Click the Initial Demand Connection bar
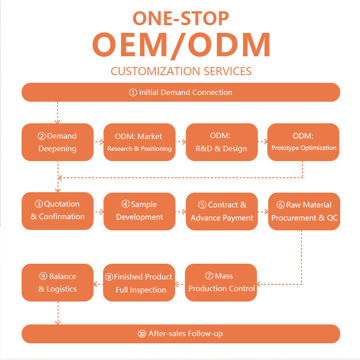pos(180,92)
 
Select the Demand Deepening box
pos(58,142)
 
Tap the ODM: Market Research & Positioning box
pos(139,142)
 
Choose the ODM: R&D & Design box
pos(221,142)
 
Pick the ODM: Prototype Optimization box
pos(303,142)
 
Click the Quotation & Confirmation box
pos(58,211)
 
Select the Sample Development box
pos(139,211)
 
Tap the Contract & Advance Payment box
pos(221,211)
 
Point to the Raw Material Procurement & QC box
pos(304,211)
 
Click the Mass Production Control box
pos(221,282)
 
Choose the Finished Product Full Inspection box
pos(139,283)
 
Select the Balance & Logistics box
pos(58,283)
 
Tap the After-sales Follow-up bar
pos(180,334)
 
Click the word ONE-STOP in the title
pos(180,18)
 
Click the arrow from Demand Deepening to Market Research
pos(99,142)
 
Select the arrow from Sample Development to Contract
pos(180,211)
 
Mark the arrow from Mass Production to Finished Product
pos(180,284)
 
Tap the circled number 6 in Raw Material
pos(280,205)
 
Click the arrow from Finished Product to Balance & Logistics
pos(98,284)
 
